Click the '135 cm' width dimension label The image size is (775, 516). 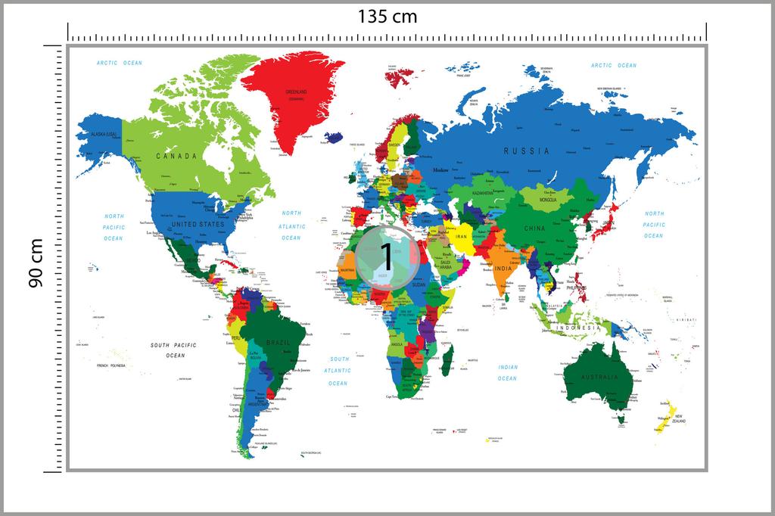pyautogui.click(x=387, y=16)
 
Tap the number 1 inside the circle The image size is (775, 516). pyautogui.click(x=386, y=257)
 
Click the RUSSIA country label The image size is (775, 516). pyautogui.click(x=527, y=151)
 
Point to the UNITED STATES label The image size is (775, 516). pyautogui.click(x=198, y=225)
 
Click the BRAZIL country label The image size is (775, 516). pyautogui.click(x=279, y=343)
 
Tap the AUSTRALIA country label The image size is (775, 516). pyautogui.click(x=599, y=377)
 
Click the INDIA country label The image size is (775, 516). pyautogui.click(x=503, y=268)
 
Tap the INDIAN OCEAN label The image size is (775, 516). pyautogui.click(x=508, y=372)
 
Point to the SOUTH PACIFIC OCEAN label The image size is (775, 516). pyautogui.click(x=173, y=350)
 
